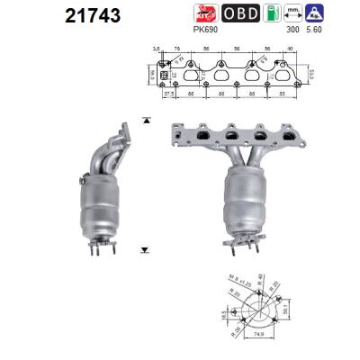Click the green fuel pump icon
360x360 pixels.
tap(269, 13)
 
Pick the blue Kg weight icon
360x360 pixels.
tap(313, 12)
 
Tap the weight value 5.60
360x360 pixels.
tap(313, 28)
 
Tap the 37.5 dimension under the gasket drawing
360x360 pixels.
tap(169, 93)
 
